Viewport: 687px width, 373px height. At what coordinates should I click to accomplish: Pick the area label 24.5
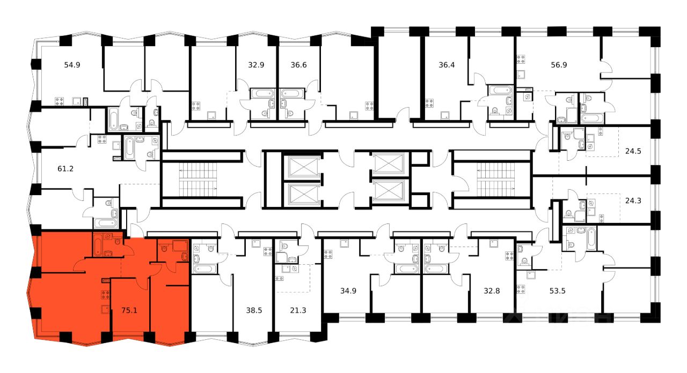(x=634, y=151)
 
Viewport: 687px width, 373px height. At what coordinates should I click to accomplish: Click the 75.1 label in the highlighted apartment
(x=129, y=309)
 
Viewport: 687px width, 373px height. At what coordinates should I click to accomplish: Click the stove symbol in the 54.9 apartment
(x=61, y=101)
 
